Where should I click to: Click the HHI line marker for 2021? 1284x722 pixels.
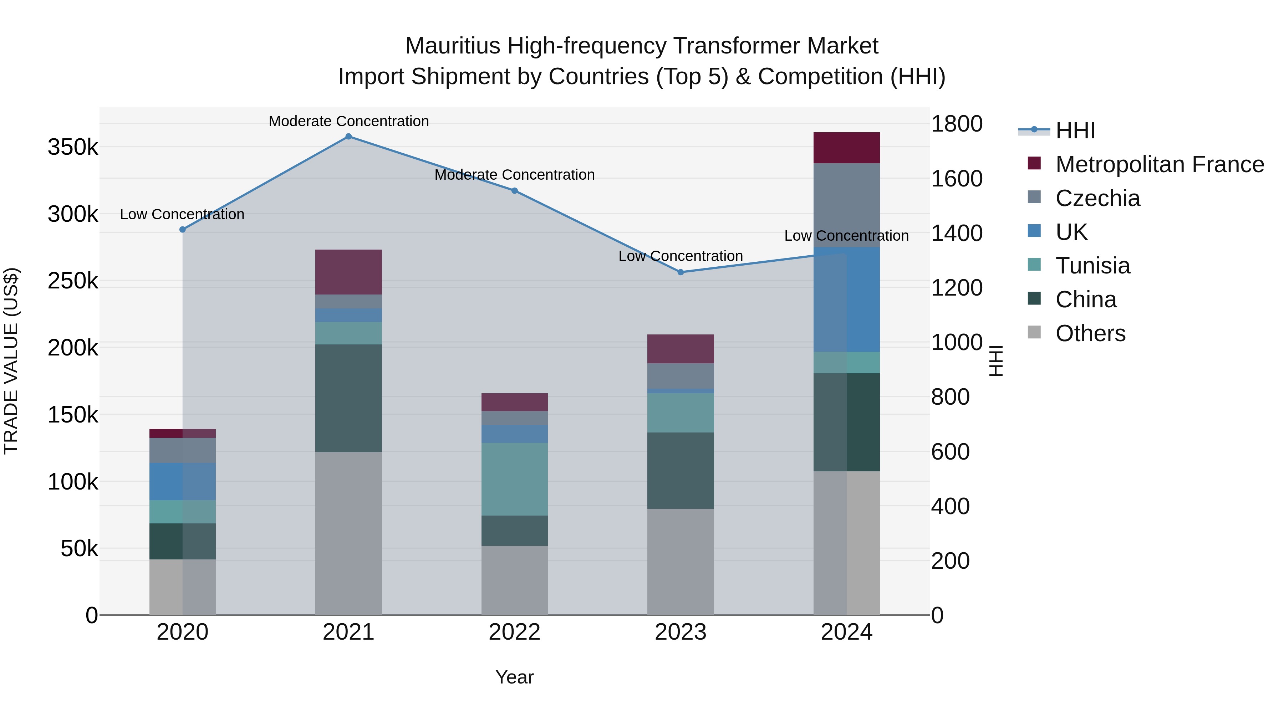(x=348, y=137)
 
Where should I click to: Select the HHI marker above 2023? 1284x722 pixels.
(x=681, y=272)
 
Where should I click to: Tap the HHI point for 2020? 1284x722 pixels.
(x=182, y=230)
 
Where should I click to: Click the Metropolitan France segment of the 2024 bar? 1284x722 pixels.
(x=846, y=148)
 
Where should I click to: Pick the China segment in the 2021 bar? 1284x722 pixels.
(x=348, y=398)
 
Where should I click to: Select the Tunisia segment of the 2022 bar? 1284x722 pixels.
(x=514, y=479)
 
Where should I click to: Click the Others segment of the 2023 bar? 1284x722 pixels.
(x=681, y=562)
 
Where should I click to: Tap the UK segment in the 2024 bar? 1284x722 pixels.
(x=846, y=299)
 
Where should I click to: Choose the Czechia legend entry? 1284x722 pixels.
(x=1097, y=198)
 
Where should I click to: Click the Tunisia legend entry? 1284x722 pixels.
(x=1092, y=266)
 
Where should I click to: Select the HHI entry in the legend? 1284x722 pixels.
(x=1075, y=130)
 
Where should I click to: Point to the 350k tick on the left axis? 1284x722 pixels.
(x=73, y=148)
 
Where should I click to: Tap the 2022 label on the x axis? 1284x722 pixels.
(x=514, y=632)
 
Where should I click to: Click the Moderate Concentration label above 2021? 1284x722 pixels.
(x=348, y=121)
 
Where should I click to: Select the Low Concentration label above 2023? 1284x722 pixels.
(x=681, y=256)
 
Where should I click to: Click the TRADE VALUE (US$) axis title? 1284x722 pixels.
(x=11, y=361)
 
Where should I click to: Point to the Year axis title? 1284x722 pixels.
(x=514, y=677)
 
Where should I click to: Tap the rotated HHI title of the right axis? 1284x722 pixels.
(x=995, y=361)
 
